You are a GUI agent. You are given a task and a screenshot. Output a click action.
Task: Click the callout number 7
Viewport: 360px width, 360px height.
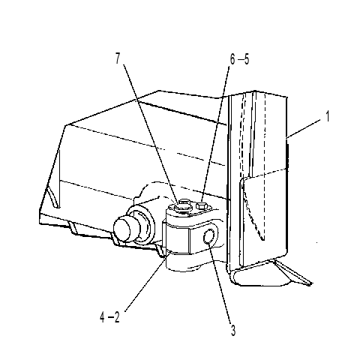(118, 58)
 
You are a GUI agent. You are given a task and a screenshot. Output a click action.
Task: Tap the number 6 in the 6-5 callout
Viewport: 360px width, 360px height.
(232, 59)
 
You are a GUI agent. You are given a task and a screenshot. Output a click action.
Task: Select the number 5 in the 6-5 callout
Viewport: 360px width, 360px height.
(247, 59)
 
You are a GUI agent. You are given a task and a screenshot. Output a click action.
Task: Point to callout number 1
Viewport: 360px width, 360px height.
(327, 116)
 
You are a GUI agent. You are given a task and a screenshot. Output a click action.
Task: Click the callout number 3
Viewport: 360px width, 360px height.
(233, 330)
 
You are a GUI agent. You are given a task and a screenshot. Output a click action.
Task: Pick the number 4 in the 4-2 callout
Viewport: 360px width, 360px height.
(102, 317)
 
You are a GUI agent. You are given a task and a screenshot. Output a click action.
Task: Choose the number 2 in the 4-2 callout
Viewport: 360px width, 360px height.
(117, 317)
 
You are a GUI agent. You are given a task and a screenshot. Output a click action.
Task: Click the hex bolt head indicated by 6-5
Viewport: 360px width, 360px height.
(202, 206)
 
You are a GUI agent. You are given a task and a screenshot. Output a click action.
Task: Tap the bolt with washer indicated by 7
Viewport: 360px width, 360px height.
(181, 206)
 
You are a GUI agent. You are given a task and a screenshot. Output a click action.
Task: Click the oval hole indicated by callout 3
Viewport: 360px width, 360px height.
(208, 236)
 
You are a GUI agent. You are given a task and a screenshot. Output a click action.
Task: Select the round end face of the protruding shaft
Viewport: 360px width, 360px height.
(121, 229)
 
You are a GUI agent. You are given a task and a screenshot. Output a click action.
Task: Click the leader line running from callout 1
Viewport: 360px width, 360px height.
(303, 129)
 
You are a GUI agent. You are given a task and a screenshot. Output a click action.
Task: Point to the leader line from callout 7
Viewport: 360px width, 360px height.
(151, 133)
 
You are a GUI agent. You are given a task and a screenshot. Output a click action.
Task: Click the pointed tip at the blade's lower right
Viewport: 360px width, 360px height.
(311, 283)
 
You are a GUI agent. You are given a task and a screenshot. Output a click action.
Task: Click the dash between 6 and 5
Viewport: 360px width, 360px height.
(240, 60)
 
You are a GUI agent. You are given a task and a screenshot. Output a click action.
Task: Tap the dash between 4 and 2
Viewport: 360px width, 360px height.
(109, 318)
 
